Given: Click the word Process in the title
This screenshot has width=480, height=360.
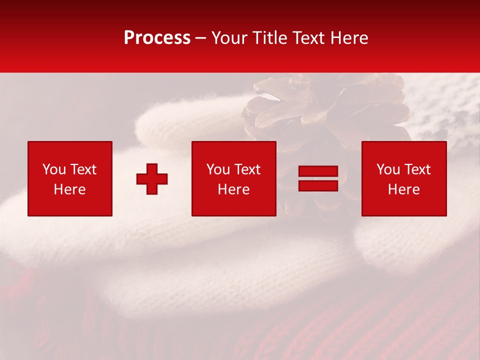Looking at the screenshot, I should point(157,38).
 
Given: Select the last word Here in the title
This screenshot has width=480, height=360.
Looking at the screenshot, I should point(349,38).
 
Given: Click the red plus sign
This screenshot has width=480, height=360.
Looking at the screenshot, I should point(152,179).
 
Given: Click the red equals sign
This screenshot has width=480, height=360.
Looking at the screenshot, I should point(318,179).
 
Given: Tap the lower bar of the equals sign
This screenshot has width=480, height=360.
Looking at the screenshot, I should point(318,185).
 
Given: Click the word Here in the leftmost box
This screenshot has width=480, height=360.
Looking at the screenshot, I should point(69,189).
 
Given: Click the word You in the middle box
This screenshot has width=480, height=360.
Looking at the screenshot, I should point(218,169).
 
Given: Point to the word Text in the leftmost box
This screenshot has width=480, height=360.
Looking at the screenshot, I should point(83,169).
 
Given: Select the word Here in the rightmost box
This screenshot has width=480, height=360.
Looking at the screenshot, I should point(403,189).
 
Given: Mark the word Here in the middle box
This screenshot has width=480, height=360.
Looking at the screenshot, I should point(233,189).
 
